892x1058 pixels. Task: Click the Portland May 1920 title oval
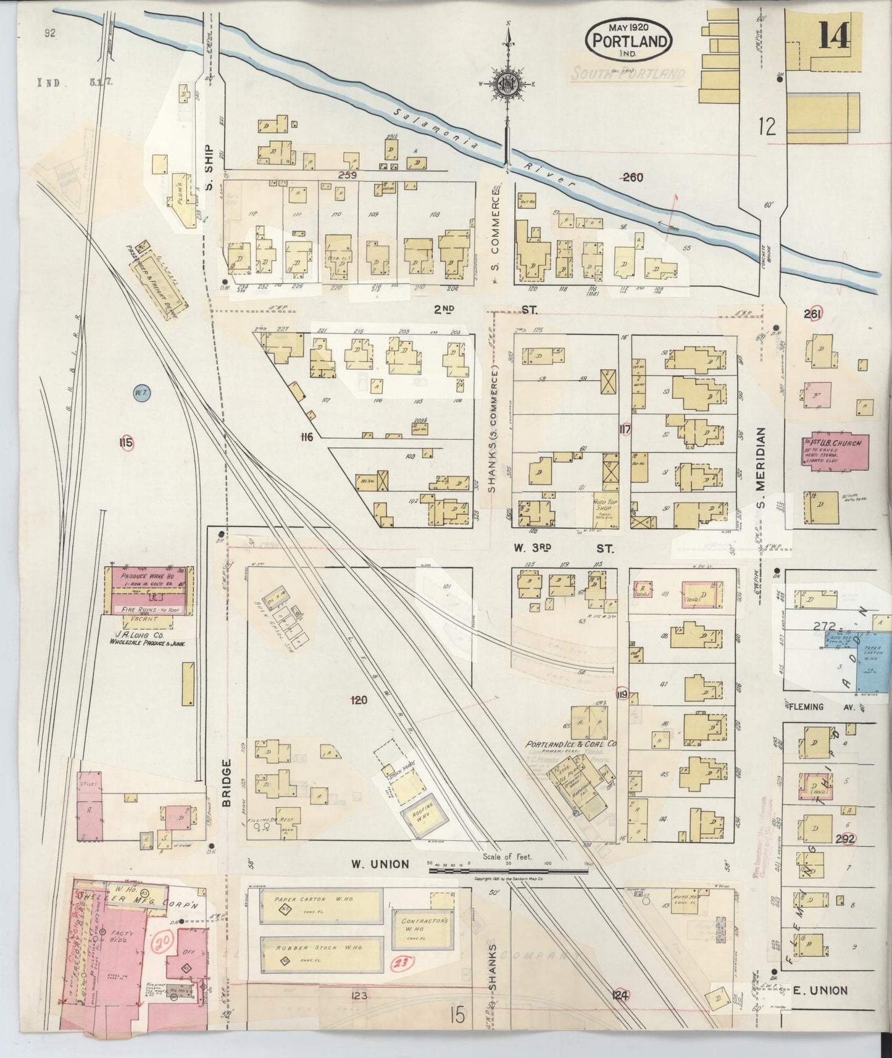629,40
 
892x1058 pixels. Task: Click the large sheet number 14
833,37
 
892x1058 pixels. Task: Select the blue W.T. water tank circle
143,392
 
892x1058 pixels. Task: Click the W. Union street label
380,864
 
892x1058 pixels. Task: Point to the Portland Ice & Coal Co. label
571,744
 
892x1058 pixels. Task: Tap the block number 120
358,700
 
